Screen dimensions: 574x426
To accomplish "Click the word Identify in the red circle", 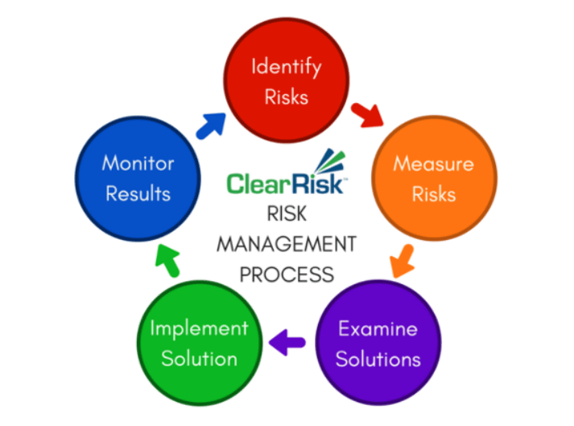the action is coord(287,68).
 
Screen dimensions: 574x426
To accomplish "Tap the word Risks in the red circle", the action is coord(287,97).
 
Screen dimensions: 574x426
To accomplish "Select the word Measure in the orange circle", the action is coord(434,163).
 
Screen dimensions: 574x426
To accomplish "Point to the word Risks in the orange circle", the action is coord(434,194).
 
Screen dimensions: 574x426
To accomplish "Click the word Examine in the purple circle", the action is coord(378,329).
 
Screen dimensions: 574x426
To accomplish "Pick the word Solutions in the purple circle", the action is coord(378,359).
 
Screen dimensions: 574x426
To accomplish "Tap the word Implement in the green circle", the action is coord(200,329).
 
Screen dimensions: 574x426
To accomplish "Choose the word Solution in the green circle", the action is coord(200,358).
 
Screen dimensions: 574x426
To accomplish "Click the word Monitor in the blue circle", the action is coord(138,163).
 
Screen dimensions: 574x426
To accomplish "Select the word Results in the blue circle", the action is coord(138,194).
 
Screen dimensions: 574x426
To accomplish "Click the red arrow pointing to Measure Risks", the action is coord(367,115).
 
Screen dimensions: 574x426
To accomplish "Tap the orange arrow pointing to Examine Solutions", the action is coord(403,262).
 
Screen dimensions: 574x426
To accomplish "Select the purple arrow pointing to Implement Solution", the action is coord(287,342).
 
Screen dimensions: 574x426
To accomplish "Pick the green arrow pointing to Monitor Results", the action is coord(167,261).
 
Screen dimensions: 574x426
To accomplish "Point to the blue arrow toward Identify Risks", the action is coord(211,126).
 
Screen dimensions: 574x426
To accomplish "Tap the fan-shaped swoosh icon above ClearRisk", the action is coord(330,160).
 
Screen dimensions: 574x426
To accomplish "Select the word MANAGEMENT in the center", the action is coord(287,244).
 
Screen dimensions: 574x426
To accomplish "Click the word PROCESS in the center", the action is coord(287,275).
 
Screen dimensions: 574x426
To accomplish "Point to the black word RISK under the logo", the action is coord(287,213).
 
